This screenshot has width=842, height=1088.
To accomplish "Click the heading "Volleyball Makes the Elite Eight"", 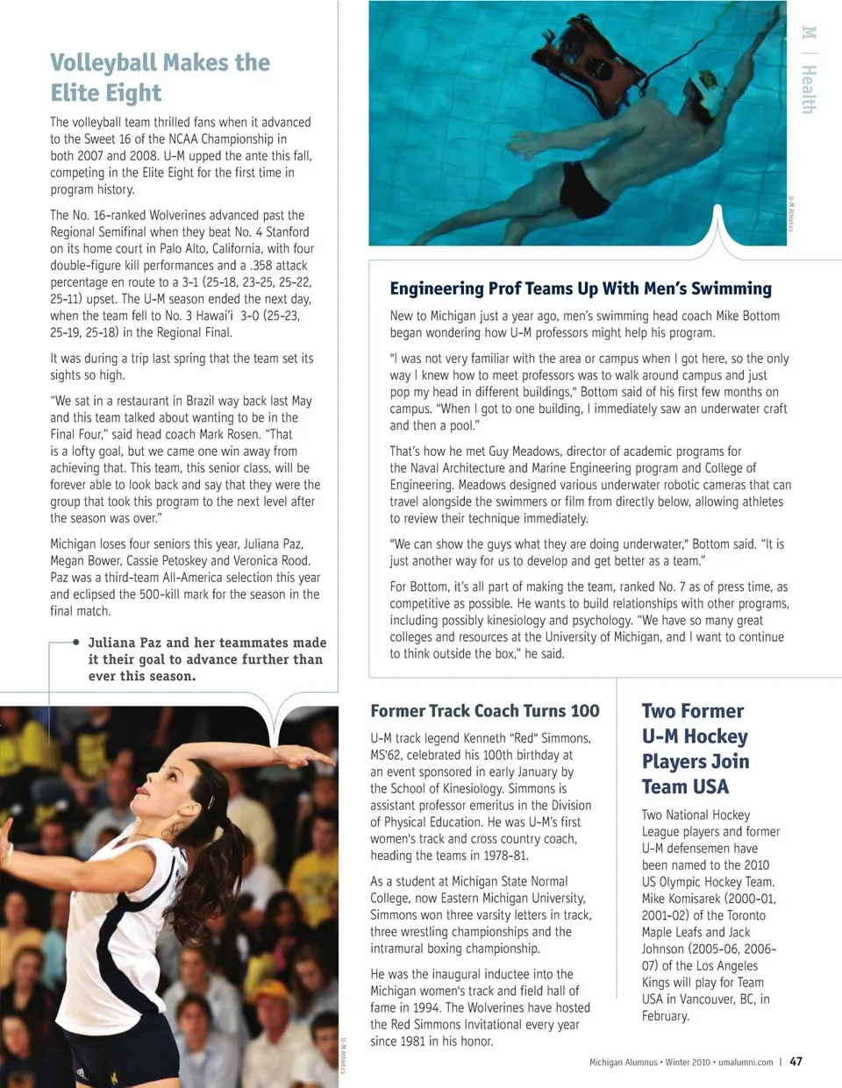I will click(x=160, y=77).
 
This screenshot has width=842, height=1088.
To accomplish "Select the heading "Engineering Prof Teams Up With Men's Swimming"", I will click(x=581, y=288).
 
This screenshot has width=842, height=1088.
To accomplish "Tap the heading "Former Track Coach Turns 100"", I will click(x=485, y=711).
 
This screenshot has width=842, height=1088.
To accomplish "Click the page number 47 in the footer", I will click(x=796, y=1061).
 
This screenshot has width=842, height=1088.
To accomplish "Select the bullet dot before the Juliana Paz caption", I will click(x=76, y=643).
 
